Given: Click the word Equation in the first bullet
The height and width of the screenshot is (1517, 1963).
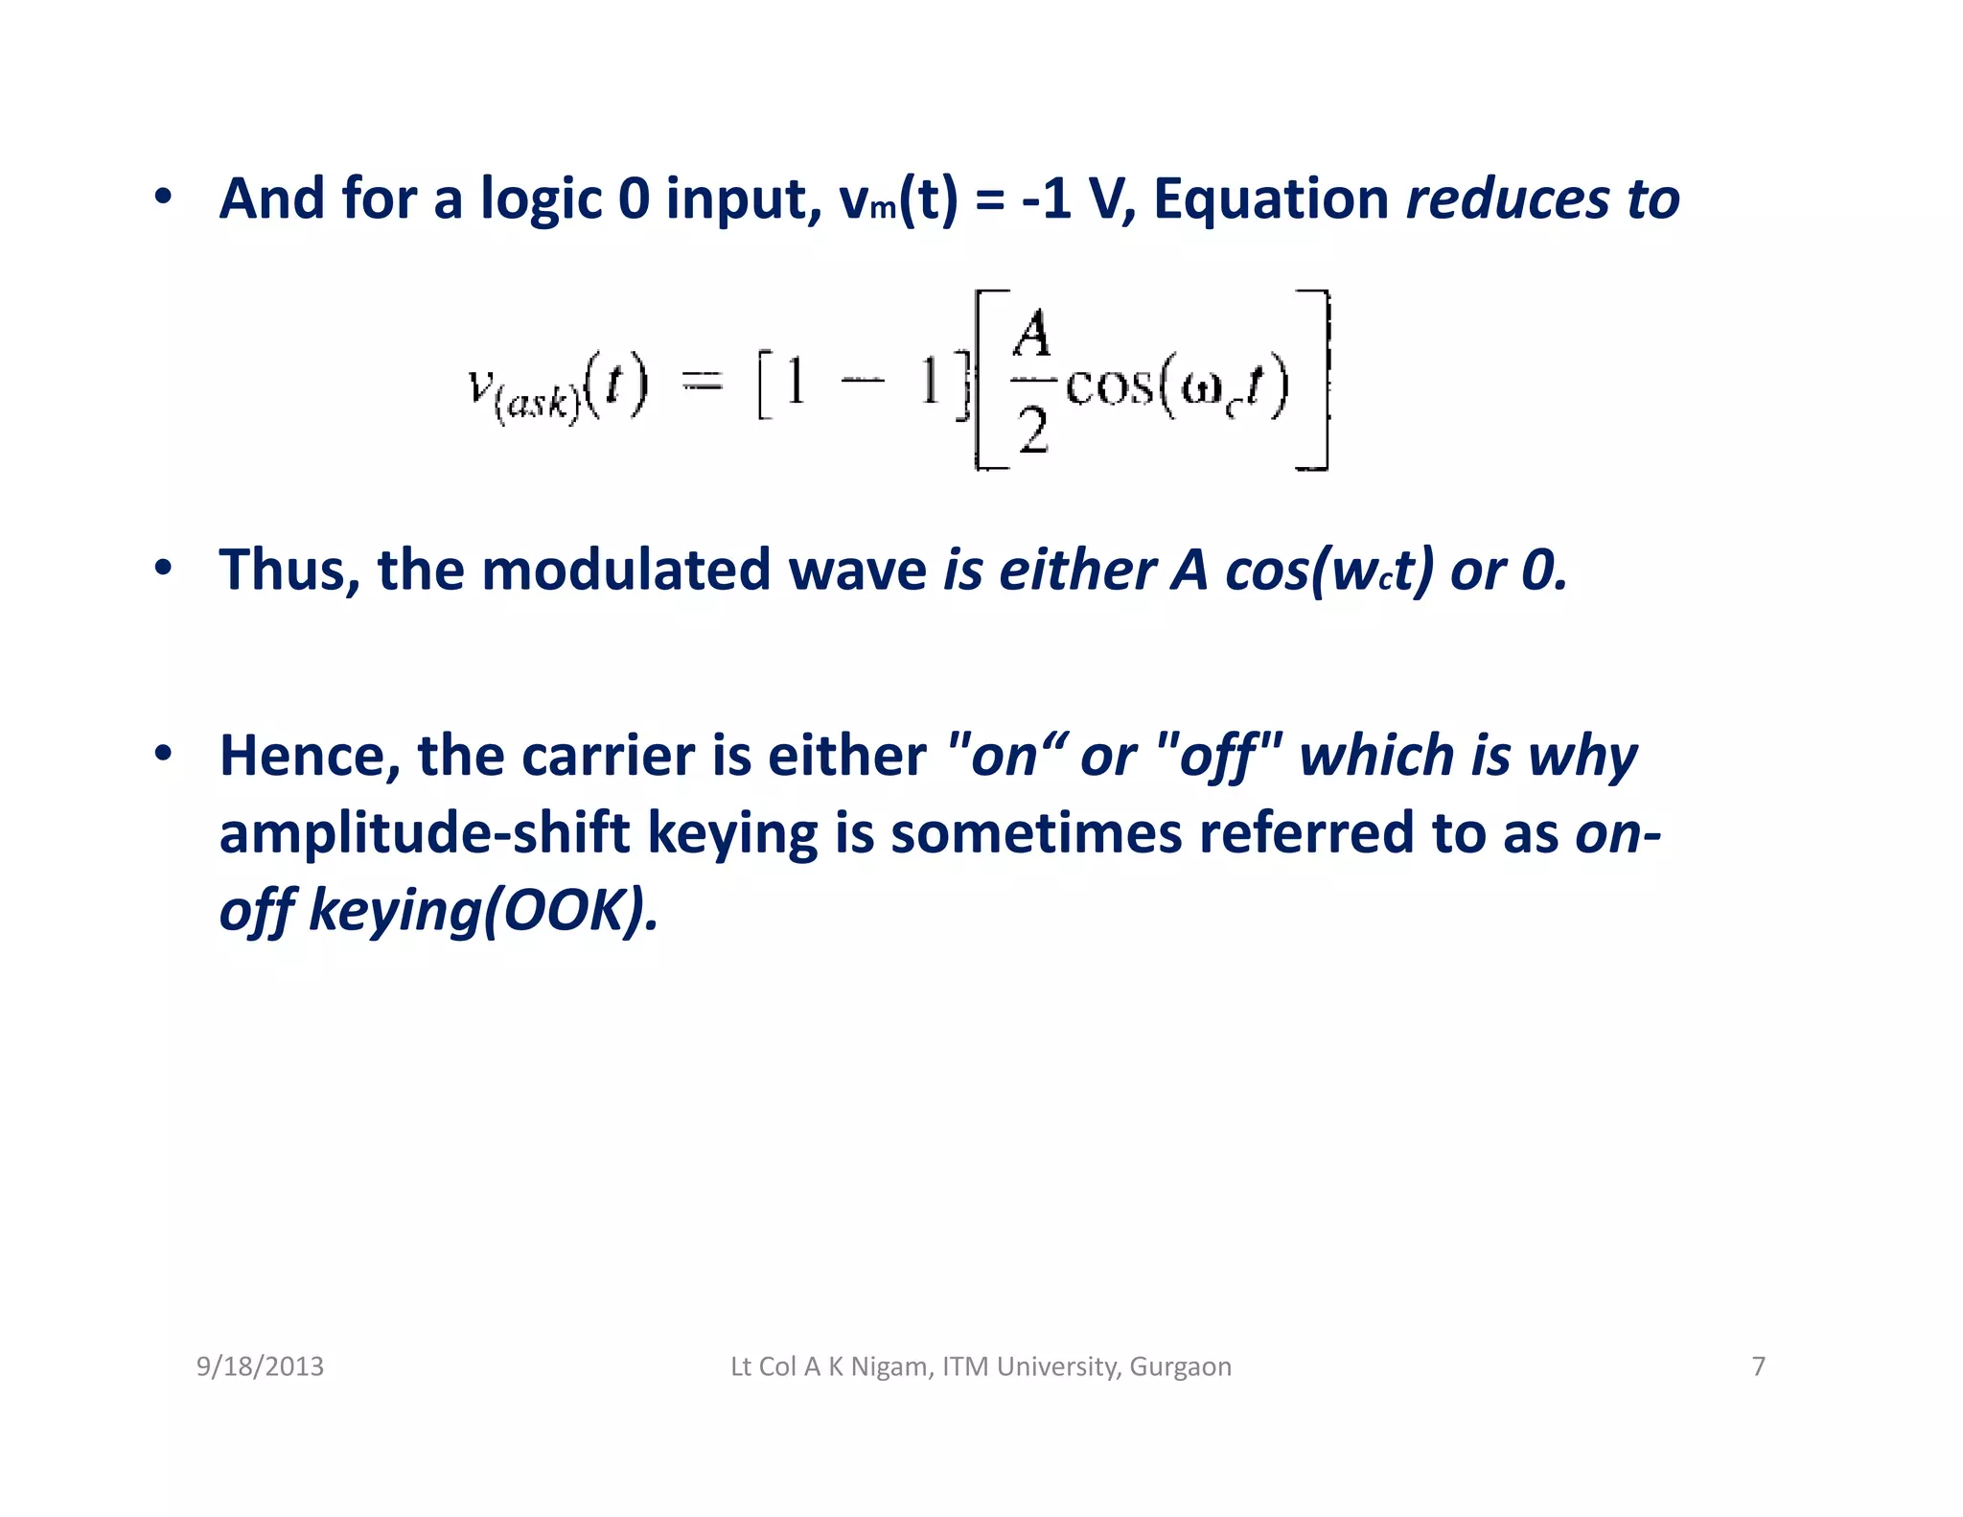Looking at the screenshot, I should [x=1270, y=199].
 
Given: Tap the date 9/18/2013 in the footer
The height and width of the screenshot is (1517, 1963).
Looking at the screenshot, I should [x=260, y=1366].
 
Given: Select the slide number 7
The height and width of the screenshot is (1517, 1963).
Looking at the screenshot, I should [x=1758, y=1366].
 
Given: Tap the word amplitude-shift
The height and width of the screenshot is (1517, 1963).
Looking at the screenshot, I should [x=424, y=832].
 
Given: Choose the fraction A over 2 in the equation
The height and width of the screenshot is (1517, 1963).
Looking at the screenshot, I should [x=1032, y=382].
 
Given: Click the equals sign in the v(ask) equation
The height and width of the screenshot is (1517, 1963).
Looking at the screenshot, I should [x=702, y=383].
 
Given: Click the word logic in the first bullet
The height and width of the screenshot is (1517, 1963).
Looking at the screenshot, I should [x=541, y=199].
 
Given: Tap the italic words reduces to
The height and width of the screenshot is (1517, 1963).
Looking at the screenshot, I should [x=1542, y=199].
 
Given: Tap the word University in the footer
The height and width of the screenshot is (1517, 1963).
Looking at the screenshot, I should [x=1044, y=1366].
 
